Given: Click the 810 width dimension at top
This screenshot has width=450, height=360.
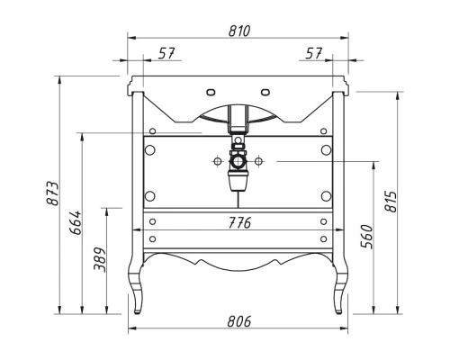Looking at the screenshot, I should pyautogui.click(x=238, y=31).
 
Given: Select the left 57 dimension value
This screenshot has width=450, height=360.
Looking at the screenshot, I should pyautogui.click(x=166, y=55).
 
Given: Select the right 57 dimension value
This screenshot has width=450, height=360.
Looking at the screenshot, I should pyautogui.click(x=314, y=55).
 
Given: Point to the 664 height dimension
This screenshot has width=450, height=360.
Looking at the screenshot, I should pyautogui.click(x=76, y=222).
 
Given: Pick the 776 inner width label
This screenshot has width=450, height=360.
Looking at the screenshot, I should pyautogui.click(x=238, y=222).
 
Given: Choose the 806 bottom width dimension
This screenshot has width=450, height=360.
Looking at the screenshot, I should pyautogui.click(x=238, y=321).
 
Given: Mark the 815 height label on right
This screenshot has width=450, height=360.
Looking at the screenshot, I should pyautogui.click(x=390, y=202).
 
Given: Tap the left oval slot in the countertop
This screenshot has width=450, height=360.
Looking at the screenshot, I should pyautogui.click(x=211, y=91).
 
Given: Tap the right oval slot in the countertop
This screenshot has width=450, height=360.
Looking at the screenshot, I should pyautogui.click(x=266, y=91).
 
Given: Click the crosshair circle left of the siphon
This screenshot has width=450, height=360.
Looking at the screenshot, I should pyautogui.click(x=217, y=162).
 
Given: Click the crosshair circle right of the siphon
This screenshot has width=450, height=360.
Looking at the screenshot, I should pyautogui.click(x=259, y=162).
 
